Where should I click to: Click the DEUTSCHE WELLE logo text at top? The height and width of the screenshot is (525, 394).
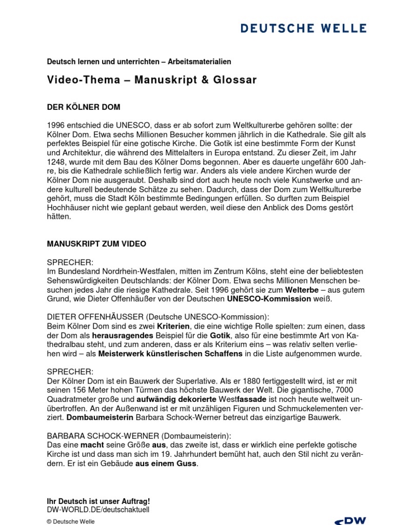click(304, 28)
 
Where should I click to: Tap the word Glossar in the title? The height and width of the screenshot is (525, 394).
click(233, 80)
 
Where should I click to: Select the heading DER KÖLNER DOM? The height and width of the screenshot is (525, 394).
click(84, 107)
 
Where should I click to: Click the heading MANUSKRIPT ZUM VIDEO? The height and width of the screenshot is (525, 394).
click(96, 244)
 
